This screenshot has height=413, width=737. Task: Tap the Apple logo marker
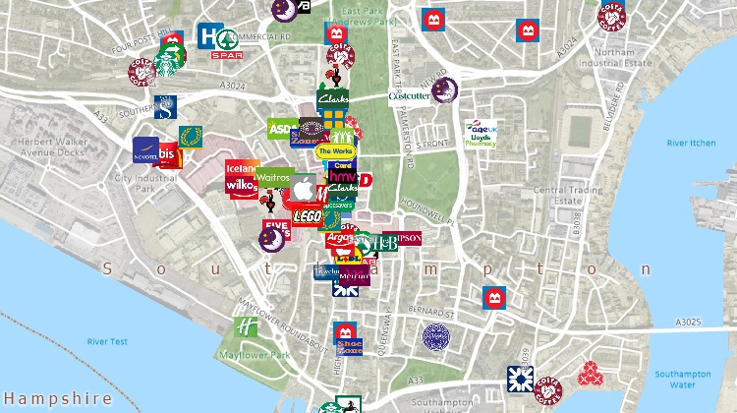[305, 188]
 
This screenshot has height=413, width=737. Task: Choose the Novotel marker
[145, 150]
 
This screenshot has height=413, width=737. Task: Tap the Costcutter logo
[409, 96]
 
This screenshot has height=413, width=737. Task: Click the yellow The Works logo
[335, 150]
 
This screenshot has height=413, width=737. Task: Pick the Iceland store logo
[242, 167]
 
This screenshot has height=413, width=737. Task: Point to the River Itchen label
[690, 144]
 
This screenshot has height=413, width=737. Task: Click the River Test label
[107, 341]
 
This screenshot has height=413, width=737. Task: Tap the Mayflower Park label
[247, 355]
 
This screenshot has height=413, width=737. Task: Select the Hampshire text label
[56, 398]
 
